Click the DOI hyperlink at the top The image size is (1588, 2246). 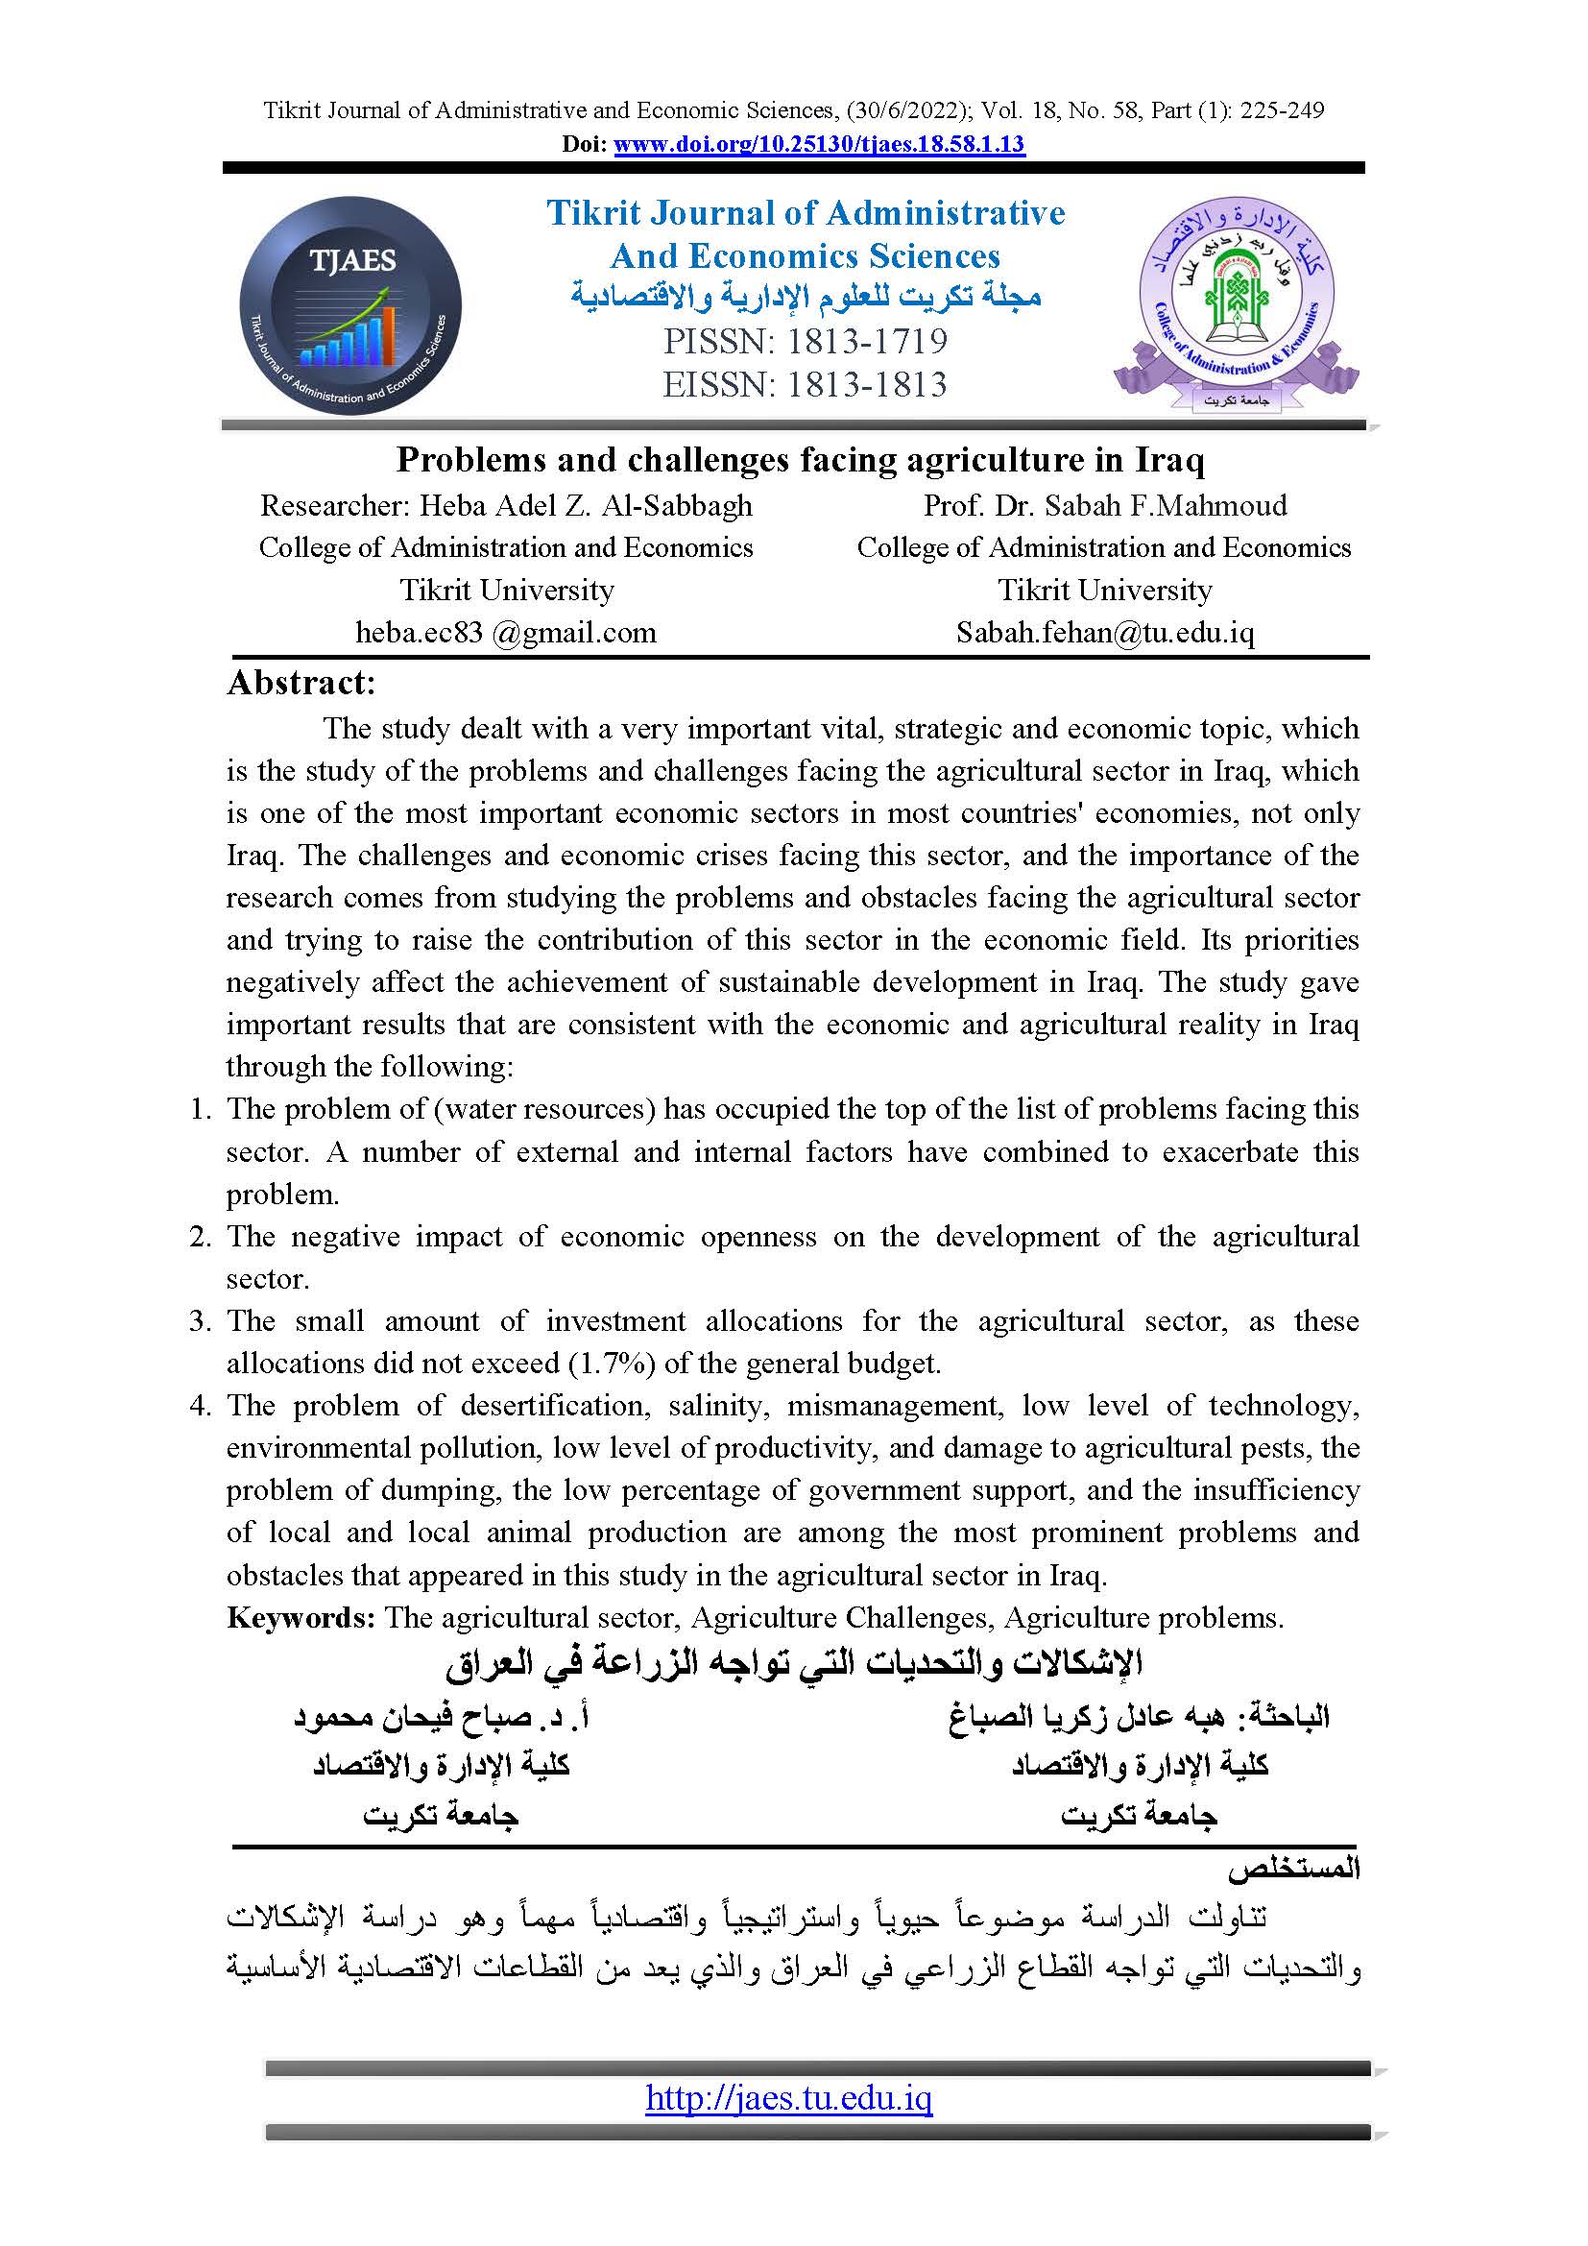[818, 145]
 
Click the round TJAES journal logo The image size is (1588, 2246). [350, 306]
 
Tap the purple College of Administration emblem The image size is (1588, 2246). [1236, 304]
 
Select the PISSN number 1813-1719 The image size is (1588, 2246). [866, 342]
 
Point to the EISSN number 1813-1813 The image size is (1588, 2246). [866, 384]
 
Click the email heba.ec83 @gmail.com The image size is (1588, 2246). [506, 633]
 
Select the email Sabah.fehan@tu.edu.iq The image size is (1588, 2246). [1105, 633]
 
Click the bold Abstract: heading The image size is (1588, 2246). [301, 683]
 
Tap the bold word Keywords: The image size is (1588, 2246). [301, 1617]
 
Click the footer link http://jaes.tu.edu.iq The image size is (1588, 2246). [789, 2098]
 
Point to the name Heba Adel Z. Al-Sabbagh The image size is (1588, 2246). [586, 506]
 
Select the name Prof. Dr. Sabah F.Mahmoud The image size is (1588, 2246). [1105, 506]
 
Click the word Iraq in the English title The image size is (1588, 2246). [1169, 460]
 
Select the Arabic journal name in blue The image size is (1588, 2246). [806, 297]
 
